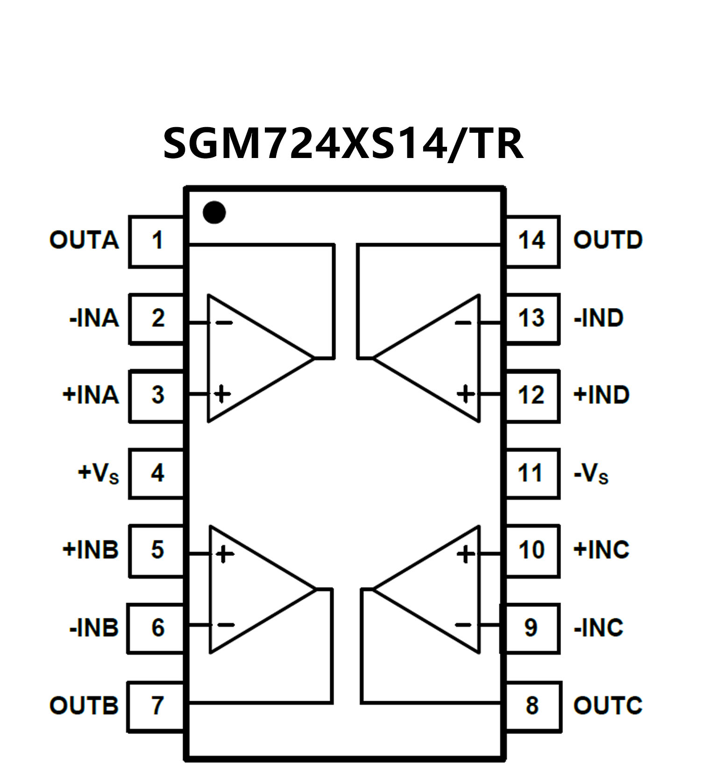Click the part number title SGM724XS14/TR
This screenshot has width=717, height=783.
click(x=343, y=144)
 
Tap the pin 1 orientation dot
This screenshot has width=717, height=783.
click(x=214, y=212)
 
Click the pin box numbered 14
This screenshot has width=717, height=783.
click(x=532, y=241)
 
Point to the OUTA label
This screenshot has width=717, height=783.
click(x=84, y=240)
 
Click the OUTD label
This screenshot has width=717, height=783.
click(x=608, y=240)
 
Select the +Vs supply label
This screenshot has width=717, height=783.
click(x=98, y=474)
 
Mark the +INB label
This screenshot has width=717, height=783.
click(x=91, y=550)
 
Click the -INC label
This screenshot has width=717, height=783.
click(x=598, y=628)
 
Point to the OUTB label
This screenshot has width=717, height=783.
click(x=84, y=705)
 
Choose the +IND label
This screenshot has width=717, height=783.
click(x=601, y=395)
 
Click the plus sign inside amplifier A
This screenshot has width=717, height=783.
click(x=222, y=394)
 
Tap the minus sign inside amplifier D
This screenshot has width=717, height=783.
click(x=463, y=323)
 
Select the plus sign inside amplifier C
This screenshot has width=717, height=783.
click(x=465, y=554)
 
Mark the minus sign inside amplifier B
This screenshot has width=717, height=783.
click(x=226, y=625)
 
